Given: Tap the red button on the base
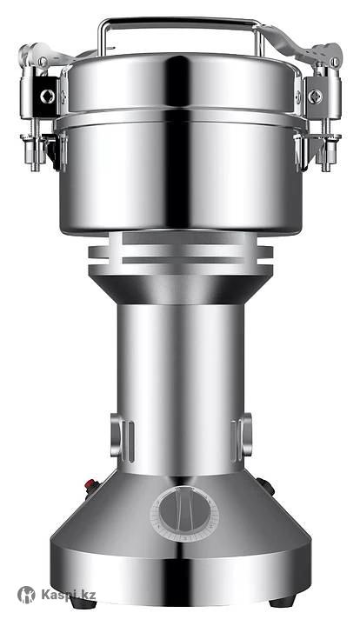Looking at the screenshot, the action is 91,484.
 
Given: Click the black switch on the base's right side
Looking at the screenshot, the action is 265,486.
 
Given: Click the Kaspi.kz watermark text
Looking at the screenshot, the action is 68,595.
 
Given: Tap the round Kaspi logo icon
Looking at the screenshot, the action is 26,595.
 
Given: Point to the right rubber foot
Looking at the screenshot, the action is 283,602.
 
